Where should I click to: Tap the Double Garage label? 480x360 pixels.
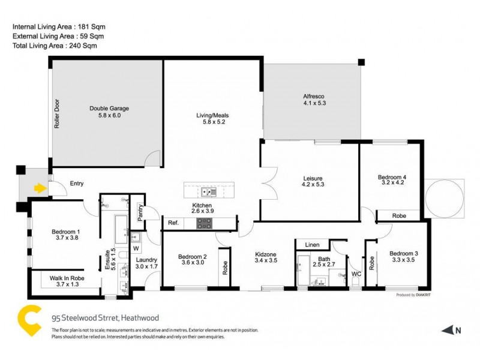coord(109,112)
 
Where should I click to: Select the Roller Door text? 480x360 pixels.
coord(58,114)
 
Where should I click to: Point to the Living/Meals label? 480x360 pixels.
coord(212,119)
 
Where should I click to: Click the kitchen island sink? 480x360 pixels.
coord(208,192)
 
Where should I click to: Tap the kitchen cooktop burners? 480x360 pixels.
coord(204,224)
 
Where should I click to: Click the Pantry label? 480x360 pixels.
coord(140,214)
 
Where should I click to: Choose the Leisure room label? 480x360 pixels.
coord(313,182)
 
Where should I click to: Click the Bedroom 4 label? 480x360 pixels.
coord(392,181)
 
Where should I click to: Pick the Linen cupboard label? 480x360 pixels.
coord(313,245)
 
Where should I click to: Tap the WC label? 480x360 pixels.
coord(356,274)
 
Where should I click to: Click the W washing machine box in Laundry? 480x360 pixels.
coord(135,248)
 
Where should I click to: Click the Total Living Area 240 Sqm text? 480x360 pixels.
coord(55,45)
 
